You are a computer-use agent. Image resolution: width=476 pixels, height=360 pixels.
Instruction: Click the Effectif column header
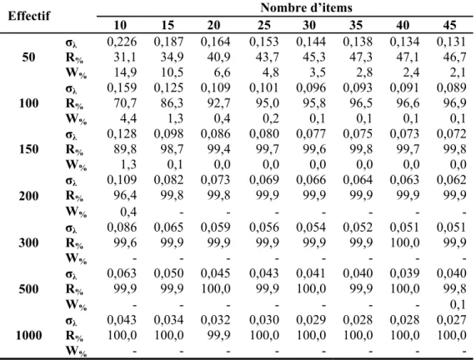click(29, 16)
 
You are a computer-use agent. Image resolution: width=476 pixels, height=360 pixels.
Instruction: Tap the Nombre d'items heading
click(306, 7)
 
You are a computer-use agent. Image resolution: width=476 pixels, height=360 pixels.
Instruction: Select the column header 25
click(263, 25)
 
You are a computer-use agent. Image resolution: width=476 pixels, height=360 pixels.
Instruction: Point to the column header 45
click(449, 25)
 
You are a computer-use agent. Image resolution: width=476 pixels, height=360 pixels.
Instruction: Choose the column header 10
click(120, 25)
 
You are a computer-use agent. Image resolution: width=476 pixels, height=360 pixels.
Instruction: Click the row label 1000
click(29, 335)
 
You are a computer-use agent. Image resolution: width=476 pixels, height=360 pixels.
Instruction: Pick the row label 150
click(29, 149)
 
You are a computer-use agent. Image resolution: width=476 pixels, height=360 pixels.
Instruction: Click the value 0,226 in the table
click(122, 42)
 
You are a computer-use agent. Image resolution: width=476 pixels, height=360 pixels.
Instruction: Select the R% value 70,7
click(125, 103)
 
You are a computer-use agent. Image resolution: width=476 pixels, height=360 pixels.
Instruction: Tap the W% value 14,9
click(125, 72)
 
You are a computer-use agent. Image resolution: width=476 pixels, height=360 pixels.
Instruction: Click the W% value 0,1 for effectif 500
click(458, 304)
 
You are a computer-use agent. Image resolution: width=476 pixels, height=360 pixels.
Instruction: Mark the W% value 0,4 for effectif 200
click(128, 212)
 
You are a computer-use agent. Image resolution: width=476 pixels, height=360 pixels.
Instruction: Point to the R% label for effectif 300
click(74, 242)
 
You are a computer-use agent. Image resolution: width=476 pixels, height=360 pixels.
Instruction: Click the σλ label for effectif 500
click(71, 274)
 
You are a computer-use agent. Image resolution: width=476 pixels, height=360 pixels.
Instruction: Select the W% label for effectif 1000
click(76, 351)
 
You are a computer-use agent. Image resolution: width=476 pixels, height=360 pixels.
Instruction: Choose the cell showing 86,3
click(172, 103)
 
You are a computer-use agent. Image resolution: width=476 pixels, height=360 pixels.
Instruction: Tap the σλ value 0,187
click(168, 42)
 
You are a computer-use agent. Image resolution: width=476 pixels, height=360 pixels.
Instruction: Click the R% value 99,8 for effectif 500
click(454, 288)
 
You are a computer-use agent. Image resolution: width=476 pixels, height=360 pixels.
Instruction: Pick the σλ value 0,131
click(451, 42)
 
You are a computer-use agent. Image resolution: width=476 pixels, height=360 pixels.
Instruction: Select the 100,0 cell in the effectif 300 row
click(404, 242)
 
